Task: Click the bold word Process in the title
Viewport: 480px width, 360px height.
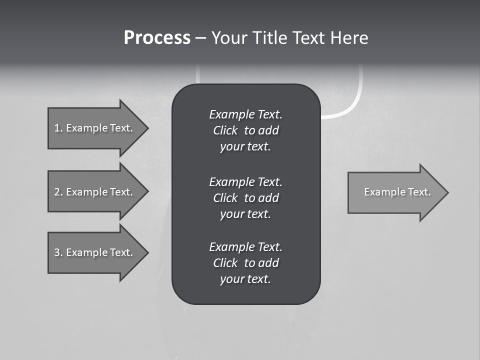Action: tap(157, 38)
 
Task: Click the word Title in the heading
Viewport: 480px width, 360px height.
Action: tap(270, 38)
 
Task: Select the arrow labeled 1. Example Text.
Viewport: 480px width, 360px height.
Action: tap(93, 128)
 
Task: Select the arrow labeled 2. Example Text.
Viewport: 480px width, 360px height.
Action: tap(93, 192)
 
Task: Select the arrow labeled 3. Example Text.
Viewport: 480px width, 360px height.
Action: tap(93, 252)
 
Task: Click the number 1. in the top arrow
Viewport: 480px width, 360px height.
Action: tap(58, 128)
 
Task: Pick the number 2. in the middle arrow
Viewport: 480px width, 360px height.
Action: tap(58, 192)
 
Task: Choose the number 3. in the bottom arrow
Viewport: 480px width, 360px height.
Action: tap(58, 252)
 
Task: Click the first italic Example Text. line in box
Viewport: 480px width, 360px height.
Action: tap(245, 114)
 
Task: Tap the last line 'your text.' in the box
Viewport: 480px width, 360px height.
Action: tap(245, 279)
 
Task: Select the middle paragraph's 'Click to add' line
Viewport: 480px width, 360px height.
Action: tap(245, 198)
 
